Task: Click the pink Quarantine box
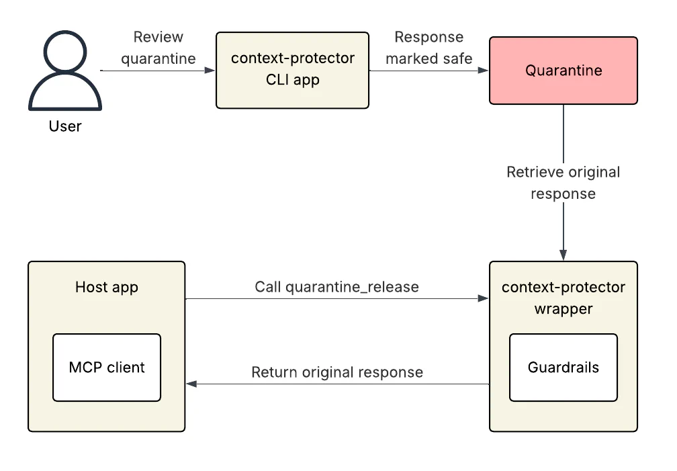pyautogui.click(x=563, y=71)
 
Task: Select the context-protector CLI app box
pyautogui.click(x=292, y=70)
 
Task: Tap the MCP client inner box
pyautogui.click(x=107, y=368)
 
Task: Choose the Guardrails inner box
pyautogui.click(x=563, y=368)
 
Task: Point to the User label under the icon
pyautogui.click(x=65, y=126)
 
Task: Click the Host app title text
pyautogui.click(x=106, y=288)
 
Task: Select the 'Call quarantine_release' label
pyautogui.click(x=336, y=287)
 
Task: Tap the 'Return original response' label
pyautogui.click(x=336, y=372)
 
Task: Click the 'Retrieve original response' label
pyautogui.click(x=563, y=183)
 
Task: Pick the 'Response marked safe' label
pyautogui.click(x=428, y=48)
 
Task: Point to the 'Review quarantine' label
pyautogui.click(x=159, y=48)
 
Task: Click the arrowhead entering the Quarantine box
pyautogui.click(x=484, y=71)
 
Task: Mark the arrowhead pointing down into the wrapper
pyautogui.click(x=563, y=256)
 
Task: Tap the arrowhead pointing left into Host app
pyautogui.click(x=191, y=384)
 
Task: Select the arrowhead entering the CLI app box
pyautogui.click(x=211, y=71)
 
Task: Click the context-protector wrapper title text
pyautogui.click(x=563, y=298)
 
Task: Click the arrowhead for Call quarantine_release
pyautogui.click(x=484, y=298)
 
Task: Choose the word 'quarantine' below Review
pyautogui.click(x=159, y=58)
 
